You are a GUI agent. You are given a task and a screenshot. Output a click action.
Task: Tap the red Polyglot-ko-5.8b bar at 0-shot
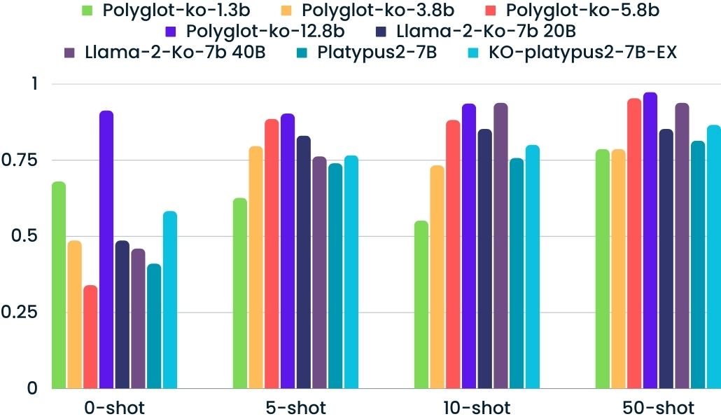click(90, 336)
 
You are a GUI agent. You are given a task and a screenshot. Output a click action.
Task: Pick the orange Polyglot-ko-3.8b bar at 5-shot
click(256, 267)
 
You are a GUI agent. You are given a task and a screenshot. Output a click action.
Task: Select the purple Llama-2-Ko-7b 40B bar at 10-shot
click(500, 245)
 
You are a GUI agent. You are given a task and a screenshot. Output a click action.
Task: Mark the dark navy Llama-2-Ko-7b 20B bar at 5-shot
click(304, 262)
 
